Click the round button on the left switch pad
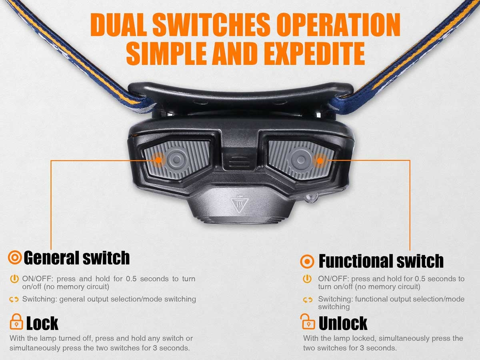pyautogui.click(x=177, y=160)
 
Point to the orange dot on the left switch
pyautogui.click(x=158, y=160)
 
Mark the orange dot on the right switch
pyautogui.click(x=320, y=161)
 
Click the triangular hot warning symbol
pyautogui.click(x=240, y=205)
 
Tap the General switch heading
pyautogui.click(x=76, y=258)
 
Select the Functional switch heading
pyautogui.click(x=381, y=261)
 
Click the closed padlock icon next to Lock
pyautogui.click(x=16, y=322)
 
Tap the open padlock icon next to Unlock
pyautogui.click(x=308, y=322)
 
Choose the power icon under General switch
pyautogui.click(x=14, y=279)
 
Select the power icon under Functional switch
pyautogui.click(x=307, y=279)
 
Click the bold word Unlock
pyautogui.click(x=343, y=323)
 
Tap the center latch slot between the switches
pyautogui.click(x=240, y=161)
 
